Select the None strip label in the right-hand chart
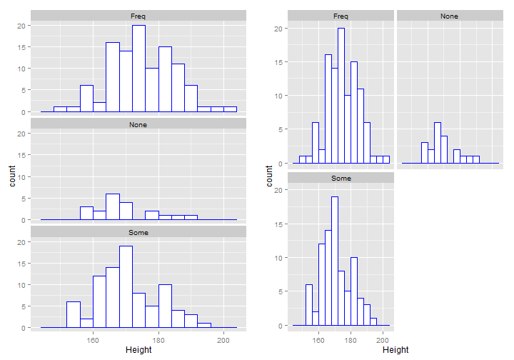(449, 16)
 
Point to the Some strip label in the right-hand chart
(341, 178)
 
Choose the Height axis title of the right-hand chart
(395, 350)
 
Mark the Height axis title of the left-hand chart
(138, 350)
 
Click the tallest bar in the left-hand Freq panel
(138, 69)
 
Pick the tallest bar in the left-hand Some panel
(126, 286)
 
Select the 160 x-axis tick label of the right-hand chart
(318, 339)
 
